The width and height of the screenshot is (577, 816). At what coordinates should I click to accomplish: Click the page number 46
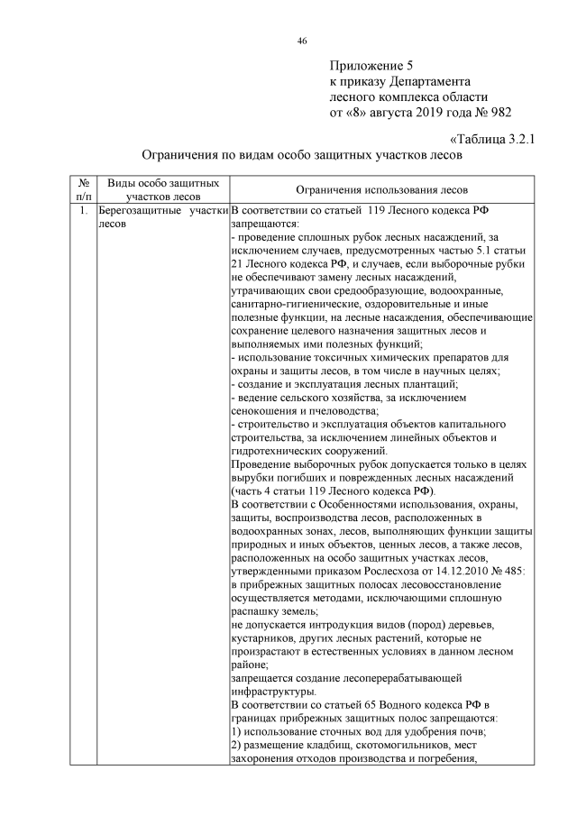[302, 41]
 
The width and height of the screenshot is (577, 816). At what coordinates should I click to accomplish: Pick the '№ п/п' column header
[83, 188]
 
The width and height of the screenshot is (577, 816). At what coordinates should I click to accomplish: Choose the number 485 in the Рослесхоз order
[499, 572]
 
